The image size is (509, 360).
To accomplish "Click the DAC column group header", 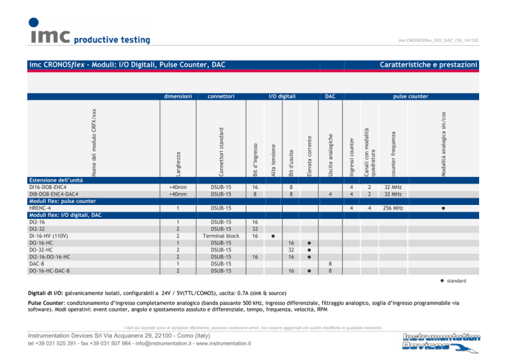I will pyautogui.click(x=330, y=96).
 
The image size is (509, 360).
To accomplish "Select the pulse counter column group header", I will pyautogui.click(x=411, y=96).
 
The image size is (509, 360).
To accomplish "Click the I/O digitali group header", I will pyautogui.click(x=282, y=96).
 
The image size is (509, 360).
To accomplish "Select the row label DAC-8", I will pyautogui.click(x=37, y=263).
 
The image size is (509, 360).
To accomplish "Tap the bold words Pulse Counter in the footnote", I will pyautogui.click(x=46, y=302).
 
